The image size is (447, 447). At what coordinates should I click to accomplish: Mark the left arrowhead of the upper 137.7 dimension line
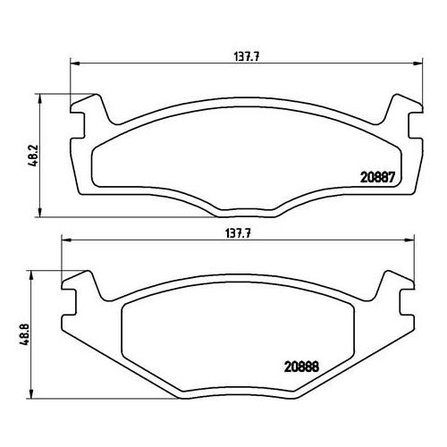74,63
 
